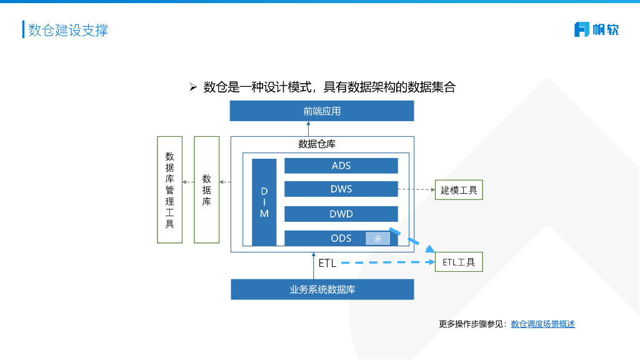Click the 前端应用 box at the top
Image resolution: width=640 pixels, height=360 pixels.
point(322,111)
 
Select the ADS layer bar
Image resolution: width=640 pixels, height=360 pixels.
point(341,166)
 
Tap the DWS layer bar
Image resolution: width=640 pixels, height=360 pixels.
point(341,189)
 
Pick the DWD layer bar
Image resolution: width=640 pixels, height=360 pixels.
point(341,214)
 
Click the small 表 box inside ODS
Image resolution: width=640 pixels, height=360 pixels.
point(377,238)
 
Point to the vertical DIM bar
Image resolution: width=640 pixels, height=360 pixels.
point(264,202)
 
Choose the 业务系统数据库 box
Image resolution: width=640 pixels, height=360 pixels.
point(322,289)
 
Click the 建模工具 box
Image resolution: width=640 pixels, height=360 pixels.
point(459,190)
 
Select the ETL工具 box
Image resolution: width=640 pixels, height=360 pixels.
point(459,262)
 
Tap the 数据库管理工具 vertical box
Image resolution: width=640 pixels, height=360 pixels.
point(169,189)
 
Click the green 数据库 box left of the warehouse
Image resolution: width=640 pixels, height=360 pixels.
point(206,189)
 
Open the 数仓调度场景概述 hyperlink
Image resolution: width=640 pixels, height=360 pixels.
point(542,324)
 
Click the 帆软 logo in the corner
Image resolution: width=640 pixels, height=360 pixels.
point(596,29)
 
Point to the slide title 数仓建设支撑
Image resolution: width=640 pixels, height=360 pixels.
point(68,30)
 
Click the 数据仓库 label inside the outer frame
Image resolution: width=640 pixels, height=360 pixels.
point(317,144)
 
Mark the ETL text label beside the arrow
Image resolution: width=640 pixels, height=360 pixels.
point(327,263)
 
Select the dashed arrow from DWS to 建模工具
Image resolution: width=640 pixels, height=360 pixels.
point(416,189)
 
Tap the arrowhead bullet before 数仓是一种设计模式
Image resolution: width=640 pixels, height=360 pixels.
point(193,87)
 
